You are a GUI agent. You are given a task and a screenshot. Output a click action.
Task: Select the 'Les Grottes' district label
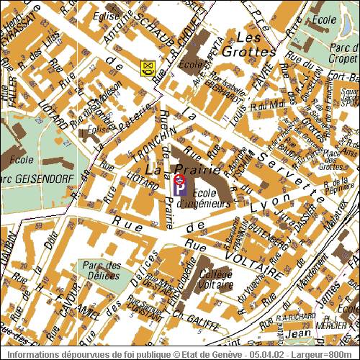coord(248,44)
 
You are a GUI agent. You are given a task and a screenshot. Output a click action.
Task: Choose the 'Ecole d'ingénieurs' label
coord(211,198)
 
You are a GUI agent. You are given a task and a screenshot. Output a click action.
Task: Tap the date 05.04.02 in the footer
coord(265,354)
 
